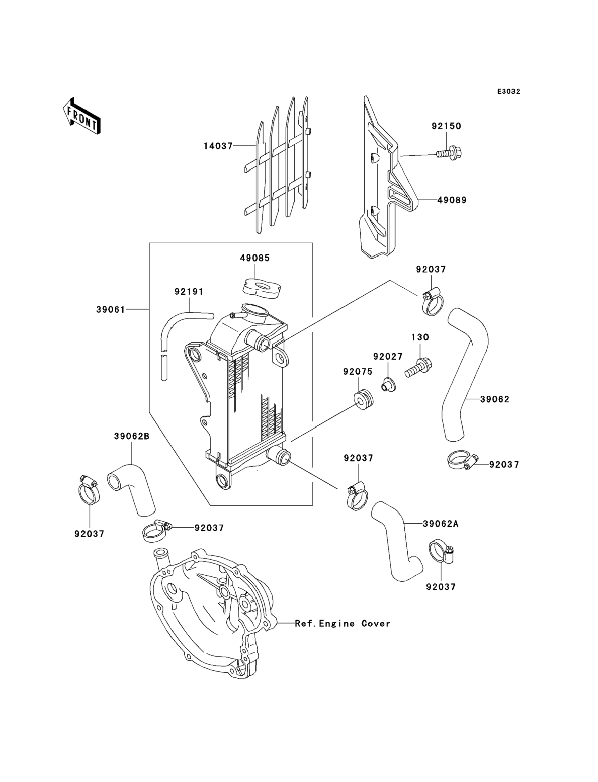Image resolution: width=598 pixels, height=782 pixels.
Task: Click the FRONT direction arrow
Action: click(x=82, y=116)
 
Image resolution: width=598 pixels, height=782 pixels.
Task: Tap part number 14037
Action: click(x=218, y=146)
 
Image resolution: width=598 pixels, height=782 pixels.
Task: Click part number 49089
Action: click(x=452, y=200)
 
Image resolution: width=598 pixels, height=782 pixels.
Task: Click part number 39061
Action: click(x=111, y=310)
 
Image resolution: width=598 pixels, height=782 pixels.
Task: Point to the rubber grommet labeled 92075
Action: click(x=363, y=399)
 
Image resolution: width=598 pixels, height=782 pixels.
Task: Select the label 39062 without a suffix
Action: click(x=495, y=399)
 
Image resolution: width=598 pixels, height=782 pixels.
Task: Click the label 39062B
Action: click(x=132, y=436)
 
